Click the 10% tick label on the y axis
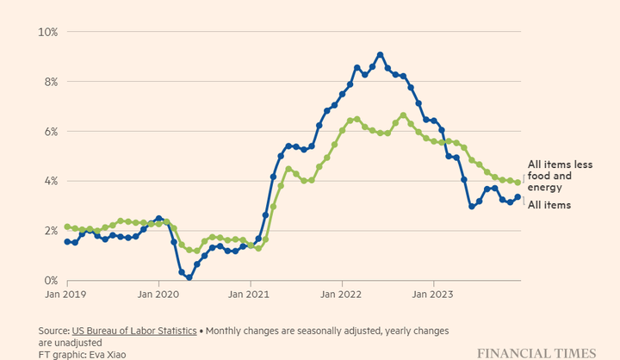[47, 32]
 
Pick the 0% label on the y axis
[49, 281]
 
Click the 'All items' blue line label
[549, 205]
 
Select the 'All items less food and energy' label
[561, 176]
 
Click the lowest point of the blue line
[189, 278]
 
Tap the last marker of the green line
[518, 182]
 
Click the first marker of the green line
[67, 227]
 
